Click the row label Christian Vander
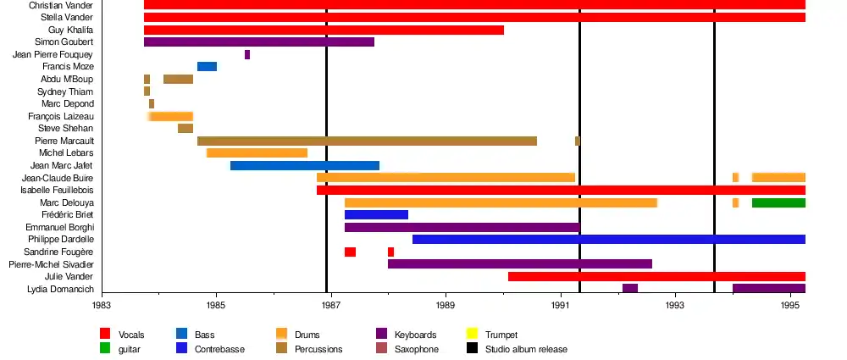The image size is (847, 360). (61, 5)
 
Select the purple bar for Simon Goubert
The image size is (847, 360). (258, 42)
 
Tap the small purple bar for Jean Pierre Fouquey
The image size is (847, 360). (247, 55)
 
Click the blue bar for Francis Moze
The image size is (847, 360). (207, 67)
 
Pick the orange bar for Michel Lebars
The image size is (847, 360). (257, 153)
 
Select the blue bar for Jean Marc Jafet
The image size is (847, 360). (304, 166)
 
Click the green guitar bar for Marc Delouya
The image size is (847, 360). (778, 203)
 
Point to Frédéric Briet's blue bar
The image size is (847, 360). (376, 215)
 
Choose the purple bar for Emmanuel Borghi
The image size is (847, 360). (462, 228)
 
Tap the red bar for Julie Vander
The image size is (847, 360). (656, 277)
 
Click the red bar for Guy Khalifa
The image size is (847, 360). (324, 30)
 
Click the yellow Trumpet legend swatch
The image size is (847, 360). (472, 335)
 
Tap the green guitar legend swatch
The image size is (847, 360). (105, 349)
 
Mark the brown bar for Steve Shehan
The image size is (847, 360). (185, 129)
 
